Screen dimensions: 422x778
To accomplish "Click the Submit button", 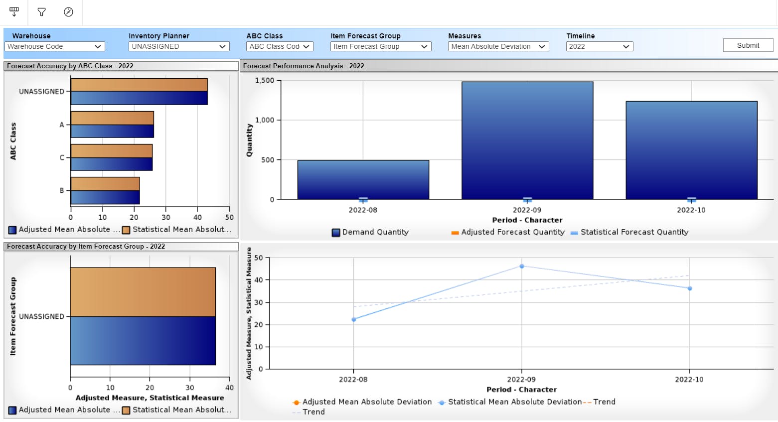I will point(748,45).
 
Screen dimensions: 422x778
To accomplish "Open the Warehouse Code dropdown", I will point(54,46).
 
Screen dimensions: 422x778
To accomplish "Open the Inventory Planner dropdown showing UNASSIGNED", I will point(179,46).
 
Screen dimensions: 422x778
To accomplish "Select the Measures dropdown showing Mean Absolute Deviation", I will point(498,46).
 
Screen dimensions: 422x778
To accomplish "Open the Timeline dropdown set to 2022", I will point(599,46).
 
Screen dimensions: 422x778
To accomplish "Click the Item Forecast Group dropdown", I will point(380,46).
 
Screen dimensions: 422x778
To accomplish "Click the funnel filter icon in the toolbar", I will point(42,12).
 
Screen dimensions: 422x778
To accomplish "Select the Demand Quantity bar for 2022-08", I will point(363,179).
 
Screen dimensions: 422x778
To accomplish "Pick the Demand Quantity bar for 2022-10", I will point(691,149).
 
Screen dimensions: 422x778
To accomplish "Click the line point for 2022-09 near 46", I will point(522,266).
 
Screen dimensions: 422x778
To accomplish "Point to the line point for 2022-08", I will point(354,319).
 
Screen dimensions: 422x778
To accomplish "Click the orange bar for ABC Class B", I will point(105,184).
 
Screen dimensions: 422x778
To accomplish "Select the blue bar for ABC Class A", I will point(112,131).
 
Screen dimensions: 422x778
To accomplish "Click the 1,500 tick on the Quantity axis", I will point(265,80).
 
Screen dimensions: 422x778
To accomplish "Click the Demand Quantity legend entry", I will point(370,232).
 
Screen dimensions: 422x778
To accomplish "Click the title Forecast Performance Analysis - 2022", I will point(304,66).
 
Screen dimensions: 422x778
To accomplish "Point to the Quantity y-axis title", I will point(249,141).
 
